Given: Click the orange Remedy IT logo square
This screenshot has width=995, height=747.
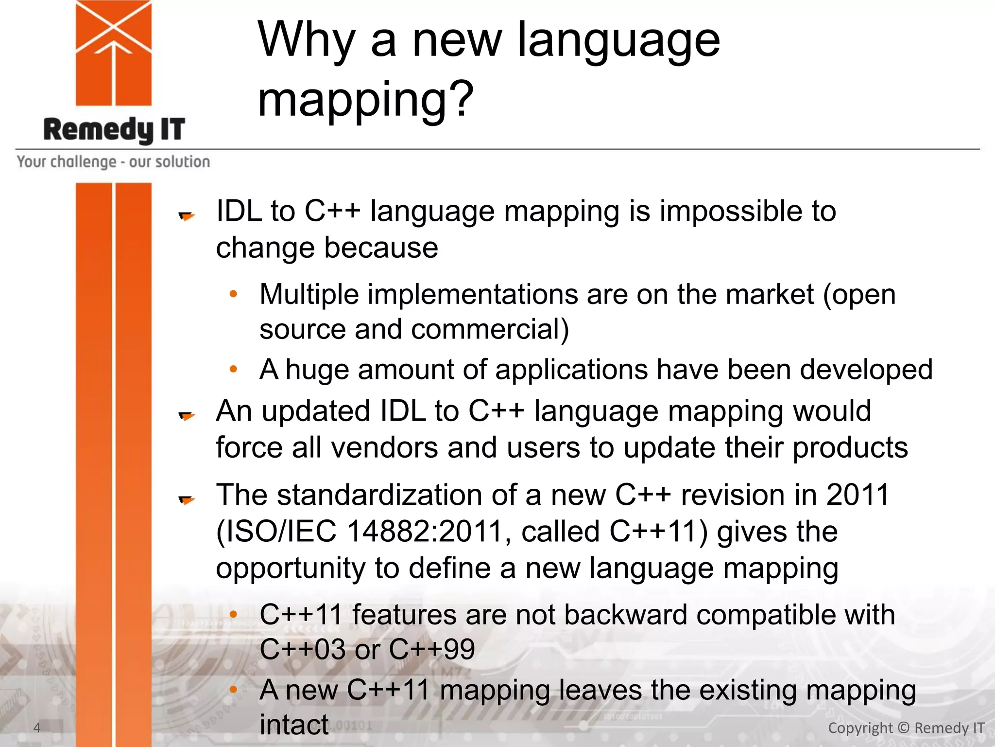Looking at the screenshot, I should pyautogui.click(x=114, y=53).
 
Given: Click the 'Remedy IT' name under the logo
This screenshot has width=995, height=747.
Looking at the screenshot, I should pyautogui.click(x=114, y=130).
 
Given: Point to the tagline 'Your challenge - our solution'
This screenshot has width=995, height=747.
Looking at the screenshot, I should pyautogui.click(x=114, y=161).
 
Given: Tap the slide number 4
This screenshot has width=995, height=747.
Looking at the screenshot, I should pyautogui.click(x=37, y=728).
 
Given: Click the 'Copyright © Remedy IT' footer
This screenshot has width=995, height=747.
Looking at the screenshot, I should pyautogui.click(x=906, y=728).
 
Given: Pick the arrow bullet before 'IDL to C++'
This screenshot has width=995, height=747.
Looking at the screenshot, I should pyautogui.click(x=187, y=215).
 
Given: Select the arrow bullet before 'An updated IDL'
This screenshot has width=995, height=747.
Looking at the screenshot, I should pyautogui.click(x=187, y=415).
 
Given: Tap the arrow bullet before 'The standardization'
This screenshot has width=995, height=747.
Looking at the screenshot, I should pyautogui.click(x=187, y=499).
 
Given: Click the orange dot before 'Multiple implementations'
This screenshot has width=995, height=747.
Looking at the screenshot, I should pyautogui.click(x=234, y=294).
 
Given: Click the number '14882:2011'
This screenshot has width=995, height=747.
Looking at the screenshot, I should pyautogui.click(x=425, y=531).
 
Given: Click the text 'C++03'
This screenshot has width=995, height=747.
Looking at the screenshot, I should pyautogui.click(x=303, y=649).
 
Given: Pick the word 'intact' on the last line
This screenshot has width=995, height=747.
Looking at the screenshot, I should pyautogui.click(x=294, y=725).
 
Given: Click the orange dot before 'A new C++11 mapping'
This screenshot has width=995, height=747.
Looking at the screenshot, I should pyautogui.click(x=234, y=689).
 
